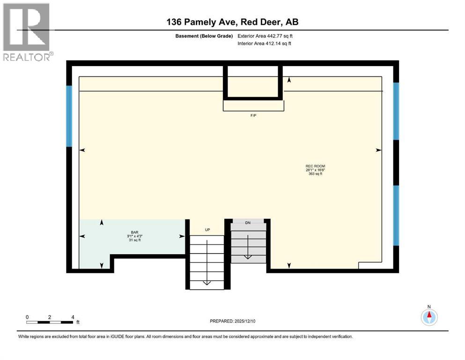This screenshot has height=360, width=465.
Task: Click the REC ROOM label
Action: (x=316, y=166)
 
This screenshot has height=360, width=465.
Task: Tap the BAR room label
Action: (x=135, y=232)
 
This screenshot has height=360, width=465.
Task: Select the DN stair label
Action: (x=248, y=223)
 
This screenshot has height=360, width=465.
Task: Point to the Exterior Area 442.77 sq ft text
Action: (x=266, y=36)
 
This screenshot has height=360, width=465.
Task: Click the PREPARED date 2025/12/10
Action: (x=233, y=321)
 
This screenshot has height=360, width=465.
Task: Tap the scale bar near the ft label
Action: (x=50, y=322)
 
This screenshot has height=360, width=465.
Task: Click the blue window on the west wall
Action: (x=69, y=116)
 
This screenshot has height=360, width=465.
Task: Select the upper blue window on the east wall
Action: (x=396, y=111)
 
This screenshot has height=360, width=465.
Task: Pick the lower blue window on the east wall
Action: (x=396, y=215)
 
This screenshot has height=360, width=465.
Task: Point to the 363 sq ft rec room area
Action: (x=316, y=174)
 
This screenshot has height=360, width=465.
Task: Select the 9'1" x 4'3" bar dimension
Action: (x=135, y=236)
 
